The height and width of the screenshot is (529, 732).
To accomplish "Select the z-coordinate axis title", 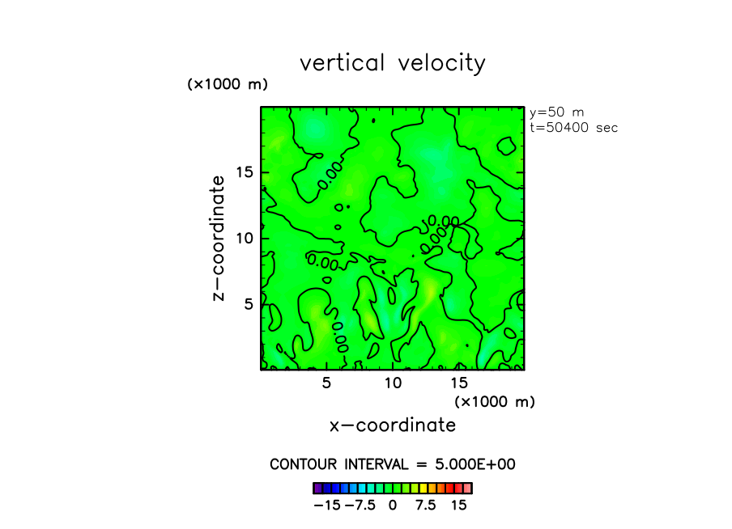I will point(218,240).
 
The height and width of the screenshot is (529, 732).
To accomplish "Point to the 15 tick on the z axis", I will point(245,171).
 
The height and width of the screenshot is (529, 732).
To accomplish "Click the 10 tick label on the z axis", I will point(245,238).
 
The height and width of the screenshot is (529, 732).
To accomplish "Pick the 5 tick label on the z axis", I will point(250,303).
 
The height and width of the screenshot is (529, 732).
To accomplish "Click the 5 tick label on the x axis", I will point(326,382).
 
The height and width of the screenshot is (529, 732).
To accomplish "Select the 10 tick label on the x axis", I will point(393,382).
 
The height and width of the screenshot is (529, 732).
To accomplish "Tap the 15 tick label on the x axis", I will point(458,382).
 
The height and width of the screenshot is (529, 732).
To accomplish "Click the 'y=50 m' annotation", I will point(556,112).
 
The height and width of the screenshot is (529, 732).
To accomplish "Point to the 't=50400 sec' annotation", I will point(573,127).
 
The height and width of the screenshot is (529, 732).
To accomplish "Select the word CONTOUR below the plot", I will point(304,464).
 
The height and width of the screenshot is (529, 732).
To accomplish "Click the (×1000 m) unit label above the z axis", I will point(228,84).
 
